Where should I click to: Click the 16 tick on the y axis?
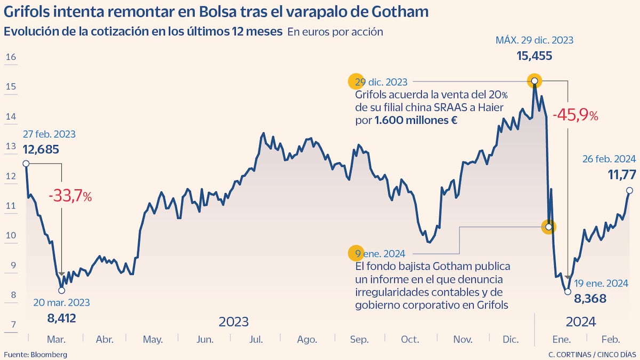click(11, 57)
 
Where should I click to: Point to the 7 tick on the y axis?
click(11, 324)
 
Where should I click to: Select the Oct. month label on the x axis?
click(410, 340)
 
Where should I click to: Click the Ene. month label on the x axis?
click(561, 340)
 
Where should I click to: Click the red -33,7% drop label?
click(70, 196)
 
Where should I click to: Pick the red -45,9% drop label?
click(575, 115)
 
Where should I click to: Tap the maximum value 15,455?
click(534, 56)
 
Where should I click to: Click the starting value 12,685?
click(41, 149)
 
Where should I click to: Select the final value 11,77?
click(622, 174)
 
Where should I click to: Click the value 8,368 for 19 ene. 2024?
click(590, 299)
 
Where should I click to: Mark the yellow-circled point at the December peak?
click(534, 81)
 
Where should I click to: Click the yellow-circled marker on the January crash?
click(548, 227)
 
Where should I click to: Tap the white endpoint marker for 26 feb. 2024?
click(629, 190)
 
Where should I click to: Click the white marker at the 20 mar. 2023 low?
click(61, 290)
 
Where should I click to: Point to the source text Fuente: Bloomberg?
click(36, 354)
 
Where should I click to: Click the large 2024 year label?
click(580, 322)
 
